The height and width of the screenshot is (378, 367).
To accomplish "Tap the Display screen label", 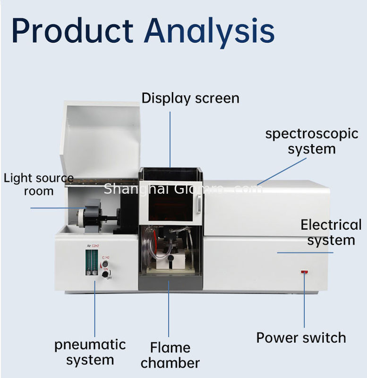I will pyautogui.click(x=190, y=98).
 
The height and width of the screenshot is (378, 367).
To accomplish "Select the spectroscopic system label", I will pyautogui.click(x=312, y=141).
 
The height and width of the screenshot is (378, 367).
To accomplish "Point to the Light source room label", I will pyautogui.click(x=39, y=184).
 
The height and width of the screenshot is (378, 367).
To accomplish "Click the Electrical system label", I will pyautogui.click(x=331, y=232).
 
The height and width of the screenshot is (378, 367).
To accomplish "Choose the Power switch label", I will pyautogui.click(x=301, y=338).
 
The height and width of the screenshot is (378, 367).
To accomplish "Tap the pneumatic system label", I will pyautogui.click(x=90, y=352).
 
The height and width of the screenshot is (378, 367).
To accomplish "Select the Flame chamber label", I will pyautogui.click(x=170, y=355).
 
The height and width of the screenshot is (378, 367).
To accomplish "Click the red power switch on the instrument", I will pyautogui.click(x=305, y=272).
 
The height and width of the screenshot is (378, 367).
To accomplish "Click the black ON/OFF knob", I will pyautogui.click(x=105, y=274).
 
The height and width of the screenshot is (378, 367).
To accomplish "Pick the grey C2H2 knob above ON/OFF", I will pyautogui.click(x=105, y=264).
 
